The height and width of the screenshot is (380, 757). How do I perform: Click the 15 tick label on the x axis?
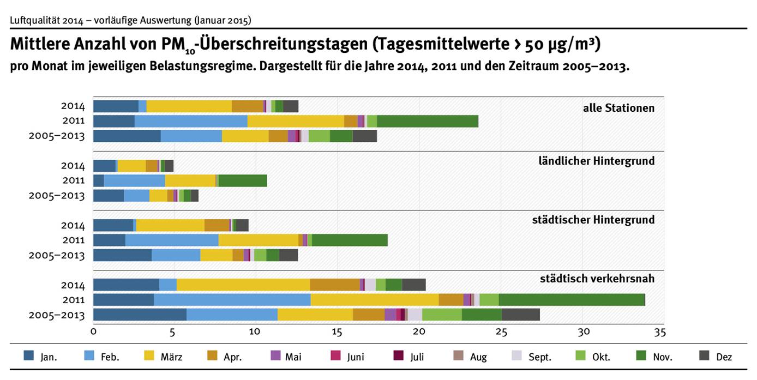tap(337, 331)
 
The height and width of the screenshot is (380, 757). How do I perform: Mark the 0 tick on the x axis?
tap(94, 331)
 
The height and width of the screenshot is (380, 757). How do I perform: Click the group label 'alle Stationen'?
tap(618, 108)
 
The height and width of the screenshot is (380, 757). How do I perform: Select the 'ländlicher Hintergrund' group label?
tap(596, 161)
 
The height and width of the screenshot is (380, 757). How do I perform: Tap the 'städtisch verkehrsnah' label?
tap(597, 279)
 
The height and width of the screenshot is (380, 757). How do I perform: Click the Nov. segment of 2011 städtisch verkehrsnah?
tap(572, 299)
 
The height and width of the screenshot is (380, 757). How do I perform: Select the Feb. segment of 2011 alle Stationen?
tap(191, 121)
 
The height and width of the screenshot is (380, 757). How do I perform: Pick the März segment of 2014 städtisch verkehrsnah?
tap(243, 285)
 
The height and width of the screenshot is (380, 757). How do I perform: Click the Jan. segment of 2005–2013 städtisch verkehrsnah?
tap(140, 315)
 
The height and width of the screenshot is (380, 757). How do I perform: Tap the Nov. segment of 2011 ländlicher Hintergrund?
tap(243, 180)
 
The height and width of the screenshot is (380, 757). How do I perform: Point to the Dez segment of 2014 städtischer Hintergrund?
tap(242, 225)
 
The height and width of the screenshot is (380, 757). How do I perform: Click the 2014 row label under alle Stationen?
tap(73, 106)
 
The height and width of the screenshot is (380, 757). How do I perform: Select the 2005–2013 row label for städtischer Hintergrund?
tap(57, 255)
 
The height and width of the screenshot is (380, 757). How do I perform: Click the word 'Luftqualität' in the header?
tap(34, 21)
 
